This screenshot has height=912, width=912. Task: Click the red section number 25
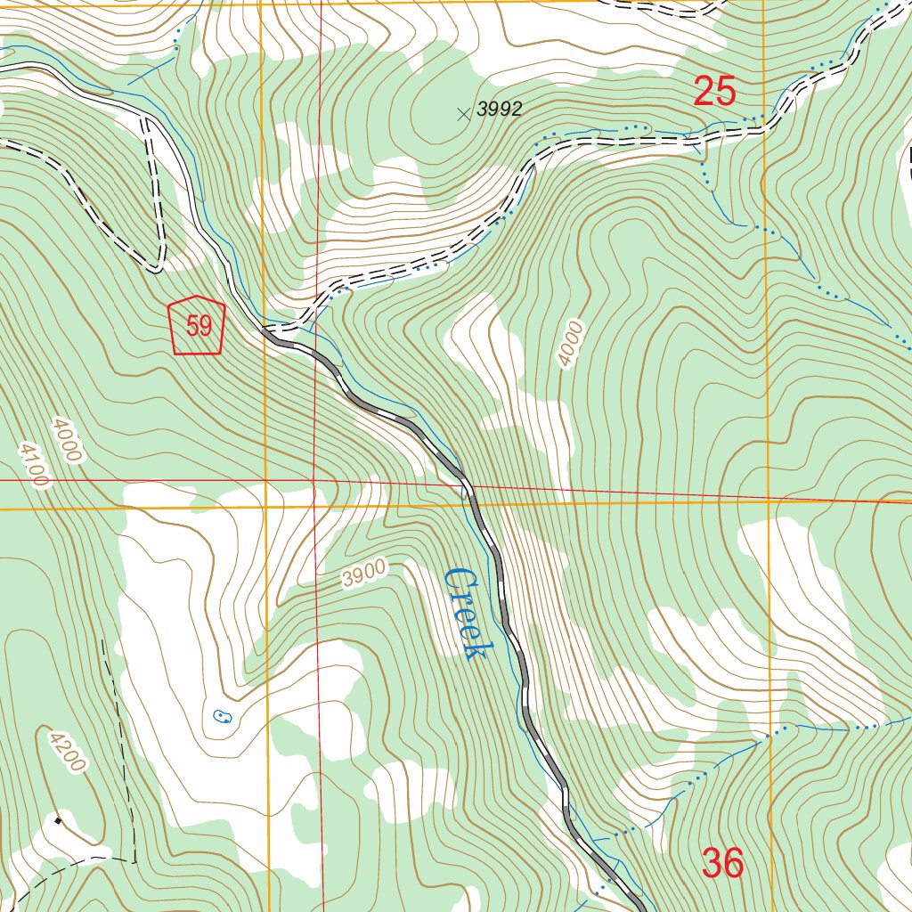pyautogui.click(x=714, y=92)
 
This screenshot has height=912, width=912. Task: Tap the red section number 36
pyautogui.click(x=722, y=862)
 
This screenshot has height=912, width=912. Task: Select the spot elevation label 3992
pyautogui.click(x=499, y=110)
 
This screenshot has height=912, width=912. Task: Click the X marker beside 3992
pyautogui.click(x=462, y=113)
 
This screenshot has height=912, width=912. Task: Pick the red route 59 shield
pyautogui.click(x=197, y=326)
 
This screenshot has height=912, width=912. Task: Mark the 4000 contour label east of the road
pyautogui.click(x=570, y=344)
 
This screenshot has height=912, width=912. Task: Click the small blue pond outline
pyautogui.click(x=220, y=715)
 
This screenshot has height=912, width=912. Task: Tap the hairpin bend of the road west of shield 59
pyautogui.click(x=157, y=265)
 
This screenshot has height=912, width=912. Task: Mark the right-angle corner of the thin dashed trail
pyautogui.click(x=134, y=860)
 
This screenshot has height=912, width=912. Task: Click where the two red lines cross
pyautogui.click(x=315, y=482)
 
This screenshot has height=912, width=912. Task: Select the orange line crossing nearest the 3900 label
pyautogui.click(x=266, y=508)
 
